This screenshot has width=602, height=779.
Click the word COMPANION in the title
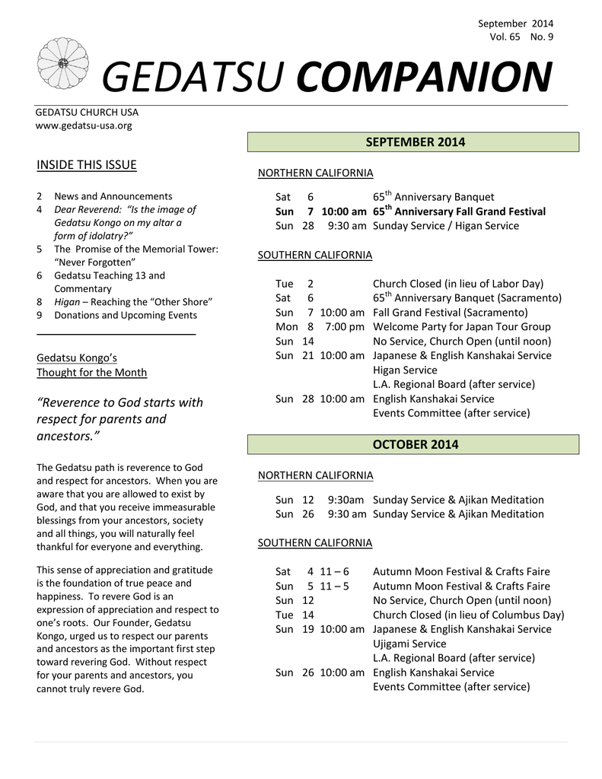pos(425,78)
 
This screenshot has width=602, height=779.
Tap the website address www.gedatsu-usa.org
pos(84,126)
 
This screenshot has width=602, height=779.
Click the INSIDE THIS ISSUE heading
pos(87,165)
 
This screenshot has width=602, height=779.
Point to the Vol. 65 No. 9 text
pos(521,37)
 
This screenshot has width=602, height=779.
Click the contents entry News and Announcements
pos(113,196)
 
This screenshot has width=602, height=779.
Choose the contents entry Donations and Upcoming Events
pos(125,315)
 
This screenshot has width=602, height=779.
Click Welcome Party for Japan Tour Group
pos(461,326)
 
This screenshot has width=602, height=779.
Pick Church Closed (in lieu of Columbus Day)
pos(468,615)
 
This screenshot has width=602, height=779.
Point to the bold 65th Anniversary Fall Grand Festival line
pos(459,211)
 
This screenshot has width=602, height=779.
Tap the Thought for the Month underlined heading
pos(91,372)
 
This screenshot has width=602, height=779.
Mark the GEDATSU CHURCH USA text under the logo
pos(88,113)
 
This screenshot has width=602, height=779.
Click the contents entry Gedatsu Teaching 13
pos(109,275)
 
